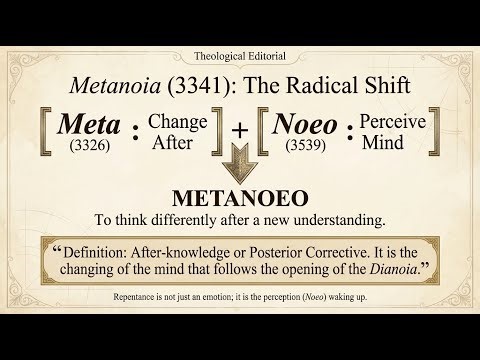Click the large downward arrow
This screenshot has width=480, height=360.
point(240,162)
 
